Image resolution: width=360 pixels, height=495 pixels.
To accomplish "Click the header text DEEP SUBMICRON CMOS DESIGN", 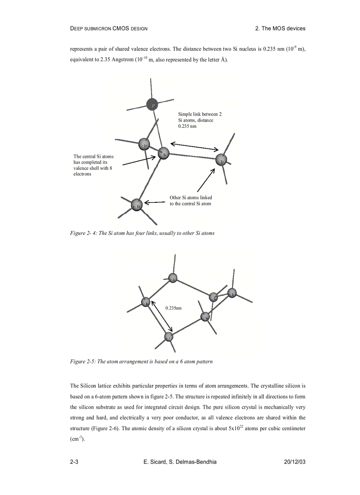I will (109, 29).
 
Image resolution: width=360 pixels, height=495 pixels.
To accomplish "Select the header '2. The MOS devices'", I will (280, 29).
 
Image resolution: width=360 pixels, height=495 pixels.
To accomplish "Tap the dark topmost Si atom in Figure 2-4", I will (152, 105).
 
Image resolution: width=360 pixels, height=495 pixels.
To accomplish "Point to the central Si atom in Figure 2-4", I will (164, 154).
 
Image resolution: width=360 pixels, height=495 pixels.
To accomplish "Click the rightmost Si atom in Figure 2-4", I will (222, 160).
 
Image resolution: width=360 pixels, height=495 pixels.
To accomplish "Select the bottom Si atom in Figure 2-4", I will (137, 205).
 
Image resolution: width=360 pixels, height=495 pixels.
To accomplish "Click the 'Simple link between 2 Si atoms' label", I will (199, 120).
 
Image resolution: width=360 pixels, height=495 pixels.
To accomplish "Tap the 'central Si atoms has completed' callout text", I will (94, 165).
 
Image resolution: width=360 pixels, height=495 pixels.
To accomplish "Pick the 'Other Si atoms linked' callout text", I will (191, 201).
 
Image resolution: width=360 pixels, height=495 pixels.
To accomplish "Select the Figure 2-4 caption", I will (142, 233).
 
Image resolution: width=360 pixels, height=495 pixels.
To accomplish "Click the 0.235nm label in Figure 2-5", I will (173, 308).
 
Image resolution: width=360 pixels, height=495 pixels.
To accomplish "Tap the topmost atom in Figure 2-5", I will (173, 278).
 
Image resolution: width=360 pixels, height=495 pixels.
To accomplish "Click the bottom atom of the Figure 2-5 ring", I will (169, 337).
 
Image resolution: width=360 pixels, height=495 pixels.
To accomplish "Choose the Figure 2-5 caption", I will (141, 362).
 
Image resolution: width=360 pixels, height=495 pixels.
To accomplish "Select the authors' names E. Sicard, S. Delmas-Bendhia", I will (180, 462).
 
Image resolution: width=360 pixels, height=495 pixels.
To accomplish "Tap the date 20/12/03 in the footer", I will (295, 462).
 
